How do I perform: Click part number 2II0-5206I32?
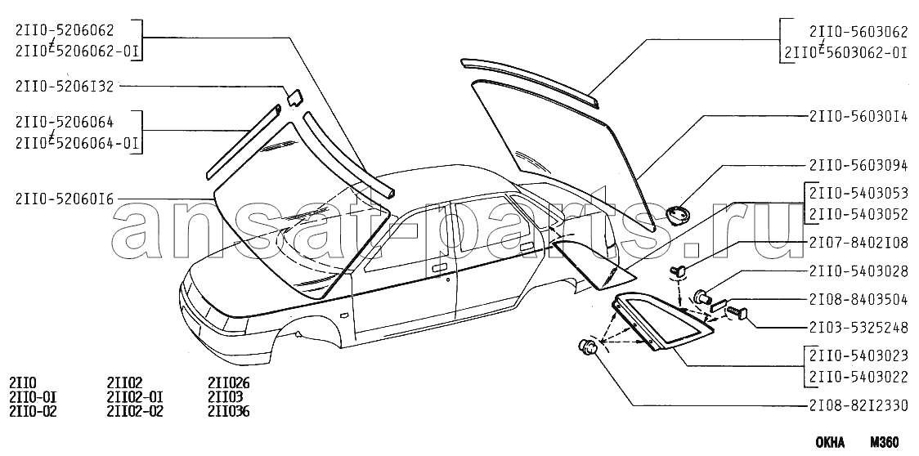point(64,84)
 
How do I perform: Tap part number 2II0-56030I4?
point(858,116)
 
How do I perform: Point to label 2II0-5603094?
point(858,164)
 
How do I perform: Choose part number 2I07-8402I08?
point(858,242)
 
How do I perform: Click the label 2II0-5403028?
point(858,270)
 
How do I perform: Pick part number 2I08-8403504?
point(858,299)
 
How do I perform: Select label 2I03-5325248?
point(858,328)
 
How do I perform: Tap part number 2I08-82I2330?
point(858,406)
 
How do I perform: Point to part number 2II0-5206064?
point(64,123)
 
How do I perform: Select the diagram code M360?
point(884,442)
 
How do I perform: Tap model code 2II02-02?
point(134,411)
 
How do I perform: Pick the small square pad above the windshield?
point(294,96)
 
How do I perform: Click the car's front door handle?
point(440,267)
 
